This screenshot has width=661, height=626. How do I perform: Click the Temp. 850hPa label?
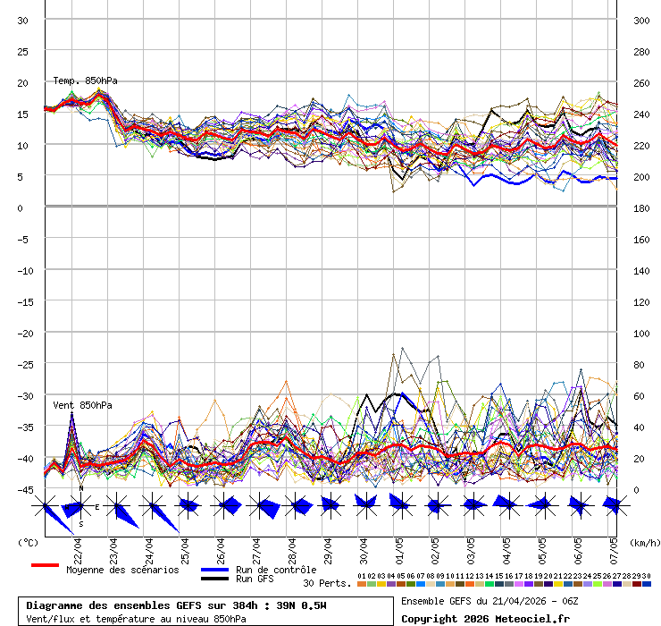85,80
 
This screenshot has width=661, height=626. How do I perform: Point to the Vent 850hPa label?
82,405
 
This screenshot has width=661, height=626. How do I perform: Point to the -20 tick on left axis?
23,333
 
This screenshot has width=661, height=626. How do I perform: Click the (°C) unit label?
28,542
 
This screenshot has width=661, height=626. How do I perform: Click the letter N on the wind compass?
80,488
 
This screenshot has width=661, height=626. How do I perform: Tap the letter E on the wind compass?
97,507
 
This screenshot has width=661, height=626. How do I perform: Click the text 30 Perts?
327,583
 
